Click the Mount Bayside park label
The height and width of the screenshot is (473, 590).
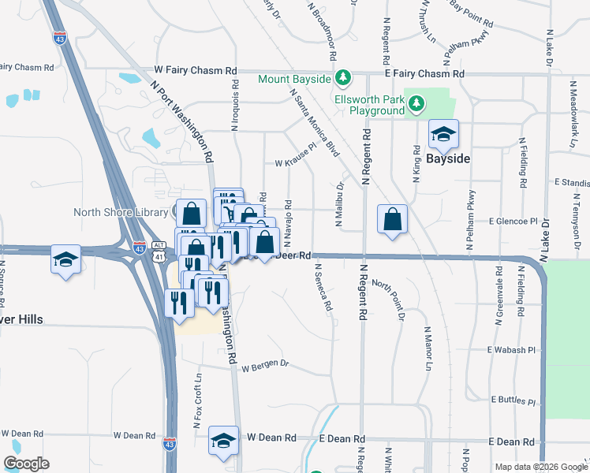click(294, 79)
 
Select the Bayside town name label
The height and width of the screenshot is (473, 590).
click(448, 158)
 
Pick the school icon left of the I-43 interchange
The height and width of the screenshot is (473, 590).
click(66, 259)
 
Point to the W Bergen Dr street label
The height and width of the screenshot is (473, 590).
click(266, 367)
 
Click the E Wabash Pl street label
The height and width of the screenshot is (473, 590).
click(511, 349)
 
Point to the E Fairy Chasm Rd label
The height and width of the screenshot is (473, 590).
click(424, 73)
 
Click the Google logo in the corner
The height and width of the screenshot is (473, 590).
click(26, 464)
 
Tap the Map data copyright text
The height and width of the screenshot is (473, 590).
click(540, 467)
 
